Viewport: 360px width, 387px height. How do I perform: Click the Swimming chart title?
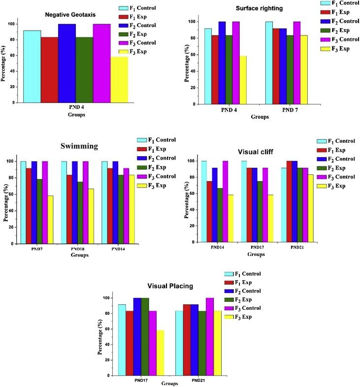(x=78, y=146)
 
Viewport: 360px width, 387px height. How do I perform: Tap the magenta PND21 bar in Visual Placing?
(x=210, y=336)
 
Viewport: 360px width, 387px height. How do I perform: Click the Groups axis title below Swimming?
(x=79, y=256)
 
